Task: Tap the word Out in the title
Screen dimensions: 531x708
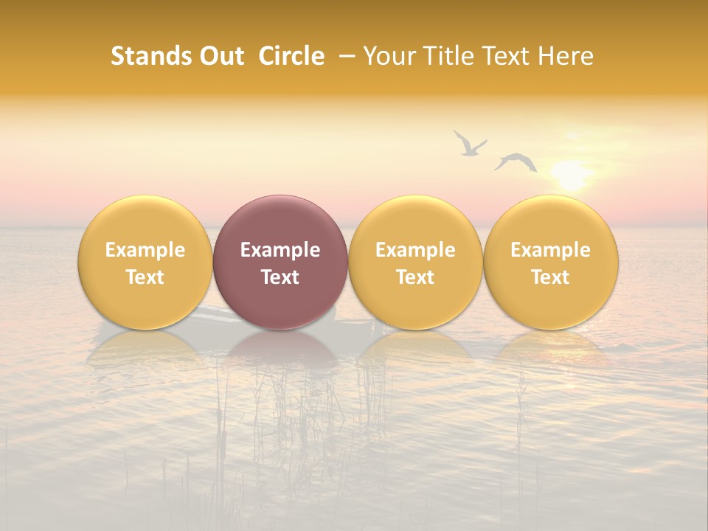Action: (220, 56)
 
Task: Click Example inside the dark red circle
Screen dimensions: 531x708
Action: (280, 250)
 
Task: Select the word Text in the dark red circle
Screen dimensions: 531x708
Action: (280, 277)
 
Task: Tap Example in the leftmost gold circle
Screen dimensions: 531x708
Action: (145, 250)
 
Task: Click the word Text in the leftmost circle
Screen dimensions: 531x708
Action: (145, 277)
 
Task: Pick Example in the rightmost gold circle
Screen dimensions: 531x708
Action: (551, 250)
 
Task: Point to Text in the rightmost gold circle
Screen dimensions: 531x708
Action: (551, 277)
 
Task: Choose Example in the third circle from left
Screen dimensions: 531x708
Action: (415, 250)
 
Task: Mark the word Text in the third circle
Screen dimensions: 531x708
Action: (415, 277)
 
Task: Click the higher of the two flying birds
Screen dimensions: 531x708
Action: (469, 143)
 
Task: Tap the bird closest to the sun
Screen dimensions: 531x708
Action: (516, 162)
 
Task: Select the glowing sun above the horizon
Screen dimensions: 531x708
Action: (571, 176)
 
